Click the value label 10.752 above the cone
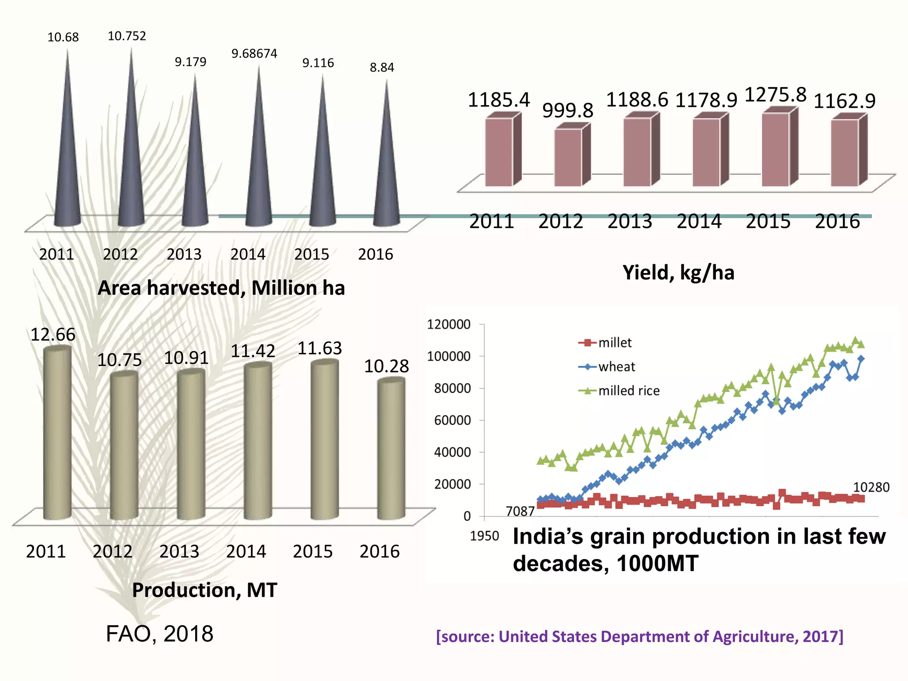[127, 36]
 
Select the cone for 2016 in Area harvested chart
[386, 177]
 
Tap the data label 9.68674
[254, 54]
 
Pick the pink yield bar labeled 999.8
[568, 157]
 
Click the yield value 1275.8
[775, 95]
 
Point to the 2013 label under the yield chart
[630, 221]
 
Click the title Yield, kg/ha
[678, 272]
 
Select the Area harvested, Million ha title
[221, 288]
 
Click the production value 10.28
[386, 366]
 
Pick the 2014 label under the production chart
[246, 552]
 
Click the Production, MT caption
[204, 590]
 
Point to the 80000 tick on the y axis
[452, 388]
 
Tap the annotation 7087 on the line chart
[520, 511]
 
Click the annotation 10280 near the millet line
[871, 487]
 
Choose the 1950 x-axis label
[484, 536]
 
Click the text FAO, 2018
[160, 634]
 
